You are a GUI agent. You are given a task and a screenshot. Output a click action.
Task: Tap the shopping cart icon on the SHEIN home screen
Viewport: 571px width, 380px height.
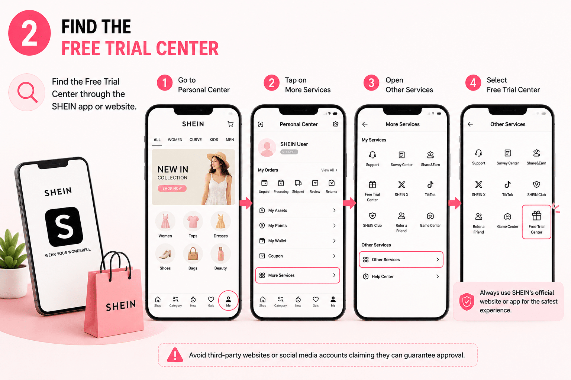tap(230, 124)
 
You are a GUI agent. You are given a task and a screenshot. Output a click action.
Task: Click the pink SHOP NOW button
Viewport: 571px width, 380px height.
tap(172, 189)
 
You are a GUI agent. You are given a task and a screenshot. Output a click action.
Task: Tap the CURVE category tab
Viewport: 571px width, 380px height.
tap(196, 140)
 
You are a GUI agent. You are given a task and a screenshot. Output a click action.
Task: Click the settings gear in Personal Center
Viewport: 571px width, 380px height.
tap(335, 124)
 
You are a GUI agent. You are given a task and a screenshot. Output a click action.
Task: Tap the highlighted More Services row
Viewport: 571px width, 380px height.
tap(297, 275)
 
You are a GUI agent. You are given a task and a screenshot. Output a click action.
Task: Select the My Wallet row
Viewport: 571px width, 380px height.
tap(297, 241)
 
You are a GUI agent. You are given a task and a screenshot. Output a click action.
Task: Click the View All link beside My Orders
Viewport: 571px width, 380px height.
tap(329, 170)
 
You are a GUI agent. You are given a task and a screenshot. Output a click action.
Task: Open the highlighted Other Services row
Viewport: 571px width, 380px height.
tap(401, 260)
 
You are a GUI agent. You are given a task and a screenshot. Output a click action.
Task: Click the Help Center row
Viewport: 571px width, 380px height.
tap(401, 276)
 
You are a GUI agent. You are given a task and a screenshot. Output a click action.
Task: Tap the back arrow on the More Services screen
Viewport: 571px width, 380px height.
tap(365, 124)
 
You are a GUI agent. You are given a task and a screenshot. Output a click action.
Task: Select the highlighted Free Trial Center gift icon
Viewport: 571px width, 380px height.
tap(536, 216)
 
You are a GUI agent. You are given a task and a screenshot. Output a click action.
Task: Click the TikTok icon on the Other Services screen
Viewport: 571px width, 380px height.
tap(507, 184)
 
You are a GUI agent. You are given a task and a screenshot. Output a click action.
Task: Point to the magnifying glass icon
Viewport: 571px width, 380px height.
tap(27, 92)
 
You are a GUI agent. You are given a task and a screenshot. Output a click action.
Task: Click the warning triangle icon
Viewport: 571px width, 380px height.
tap(175, 355)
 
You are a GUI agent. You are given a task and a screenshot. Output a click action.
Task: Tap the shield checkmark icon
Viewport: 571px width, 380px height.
tap(467, 302)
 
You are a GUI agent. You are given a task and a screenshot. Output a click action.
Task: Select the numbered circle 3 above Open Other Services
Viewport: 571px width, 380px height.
tap(371, 83)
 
